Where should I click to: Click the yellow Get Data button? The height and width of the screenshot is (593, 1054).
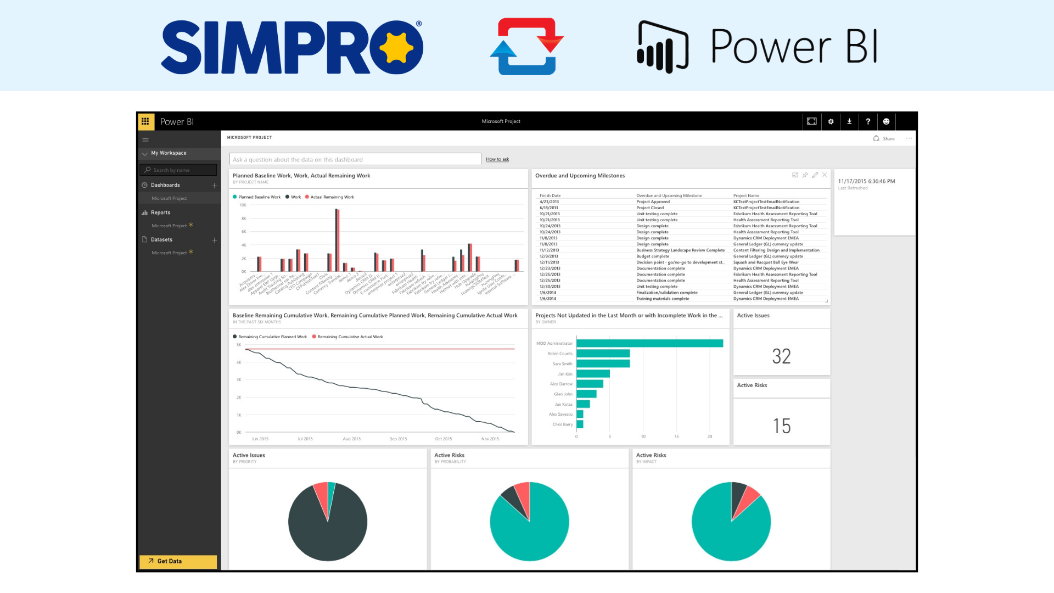coord(178,561)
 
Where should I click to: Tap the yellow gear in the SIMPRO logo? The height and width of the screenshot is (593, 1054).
coord(396,48)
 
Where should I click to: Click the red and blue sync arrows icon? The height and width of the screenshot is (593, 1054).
coord(526,47)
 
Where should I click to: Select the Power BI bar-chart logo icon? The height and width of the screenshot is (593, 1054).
coord(663,47)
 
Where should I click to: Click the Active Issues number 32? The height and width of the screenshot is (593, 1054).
coord(781,356)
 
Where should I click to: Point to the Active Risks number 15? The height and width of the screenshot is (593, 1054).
coord(781,426)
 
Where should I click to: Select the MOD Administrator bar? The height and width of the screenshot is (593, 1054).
coord(649,343)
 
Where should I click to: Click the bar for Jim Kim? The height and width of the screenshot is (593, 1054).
coord(593,374)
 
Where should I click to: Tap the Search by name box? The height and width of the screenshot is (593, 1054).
coord(178,170)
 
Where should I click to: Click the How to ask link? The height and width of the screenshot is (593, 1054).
coord(497,159)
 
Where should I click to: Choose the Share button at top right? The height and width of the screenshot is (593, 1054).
coord(884,138)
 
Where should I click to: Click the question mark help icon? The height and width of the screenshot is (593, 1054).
coord(868,121)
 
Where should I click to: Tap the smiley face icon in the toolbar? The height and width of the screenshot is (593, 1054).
coord(886,121)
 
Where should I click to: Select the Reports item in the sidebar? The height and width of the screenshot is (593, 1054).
coord(160,212)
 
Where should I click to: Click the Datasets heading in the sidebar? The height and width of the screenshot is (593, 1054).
coord(161,239)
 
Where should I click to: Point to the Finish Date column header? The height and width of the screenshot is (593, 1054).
coord(550,195)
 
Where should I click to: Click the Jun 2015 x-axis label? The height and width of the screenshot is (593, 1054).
coord(260,439)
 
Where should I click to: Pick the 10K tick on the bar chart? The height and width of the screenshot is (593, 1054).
coord(243,205)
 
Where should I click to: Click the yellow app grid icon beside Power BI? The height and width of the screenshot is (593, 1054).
coord(145,121)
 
